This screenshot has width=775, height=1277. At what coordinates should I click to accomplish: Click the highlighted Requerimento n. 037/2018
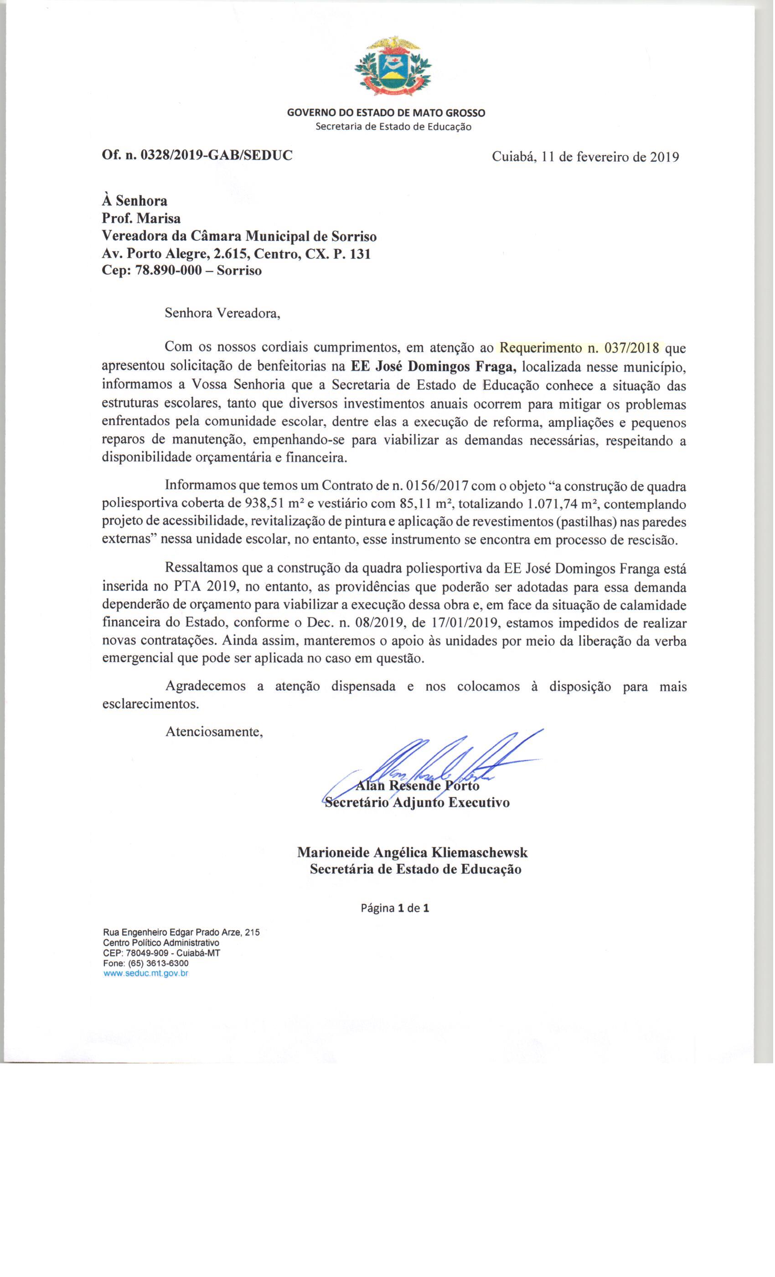tap(581, 347)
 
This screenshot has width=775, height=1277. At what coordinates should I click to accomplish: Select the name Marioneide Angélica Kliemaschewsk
tap(413, 852)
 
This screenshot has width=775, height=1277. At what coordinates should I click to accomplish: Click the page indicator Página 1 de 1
tap(395, 908)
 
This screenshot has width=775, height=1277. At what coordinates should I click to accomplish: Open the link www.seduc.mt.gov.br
tap(145, 973)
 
